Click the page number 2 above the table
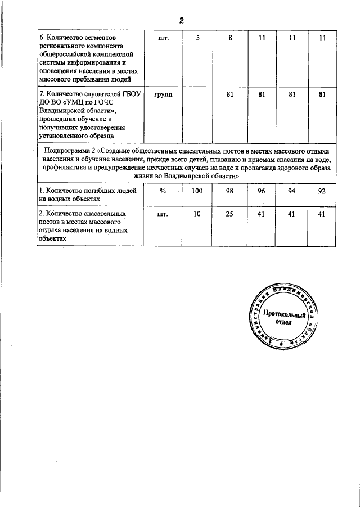(182, 21)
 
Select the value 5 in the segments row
(197, 38)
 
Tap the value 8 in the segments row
(230, 38)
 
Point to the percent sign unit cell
(163, 191)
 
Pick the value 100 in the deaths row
(197, 191)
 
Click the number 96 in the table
(262, 191)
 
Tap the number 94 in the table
(291, 191)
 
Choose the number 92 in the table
(322, 191)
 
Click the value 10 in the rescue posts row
(197, 214)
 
